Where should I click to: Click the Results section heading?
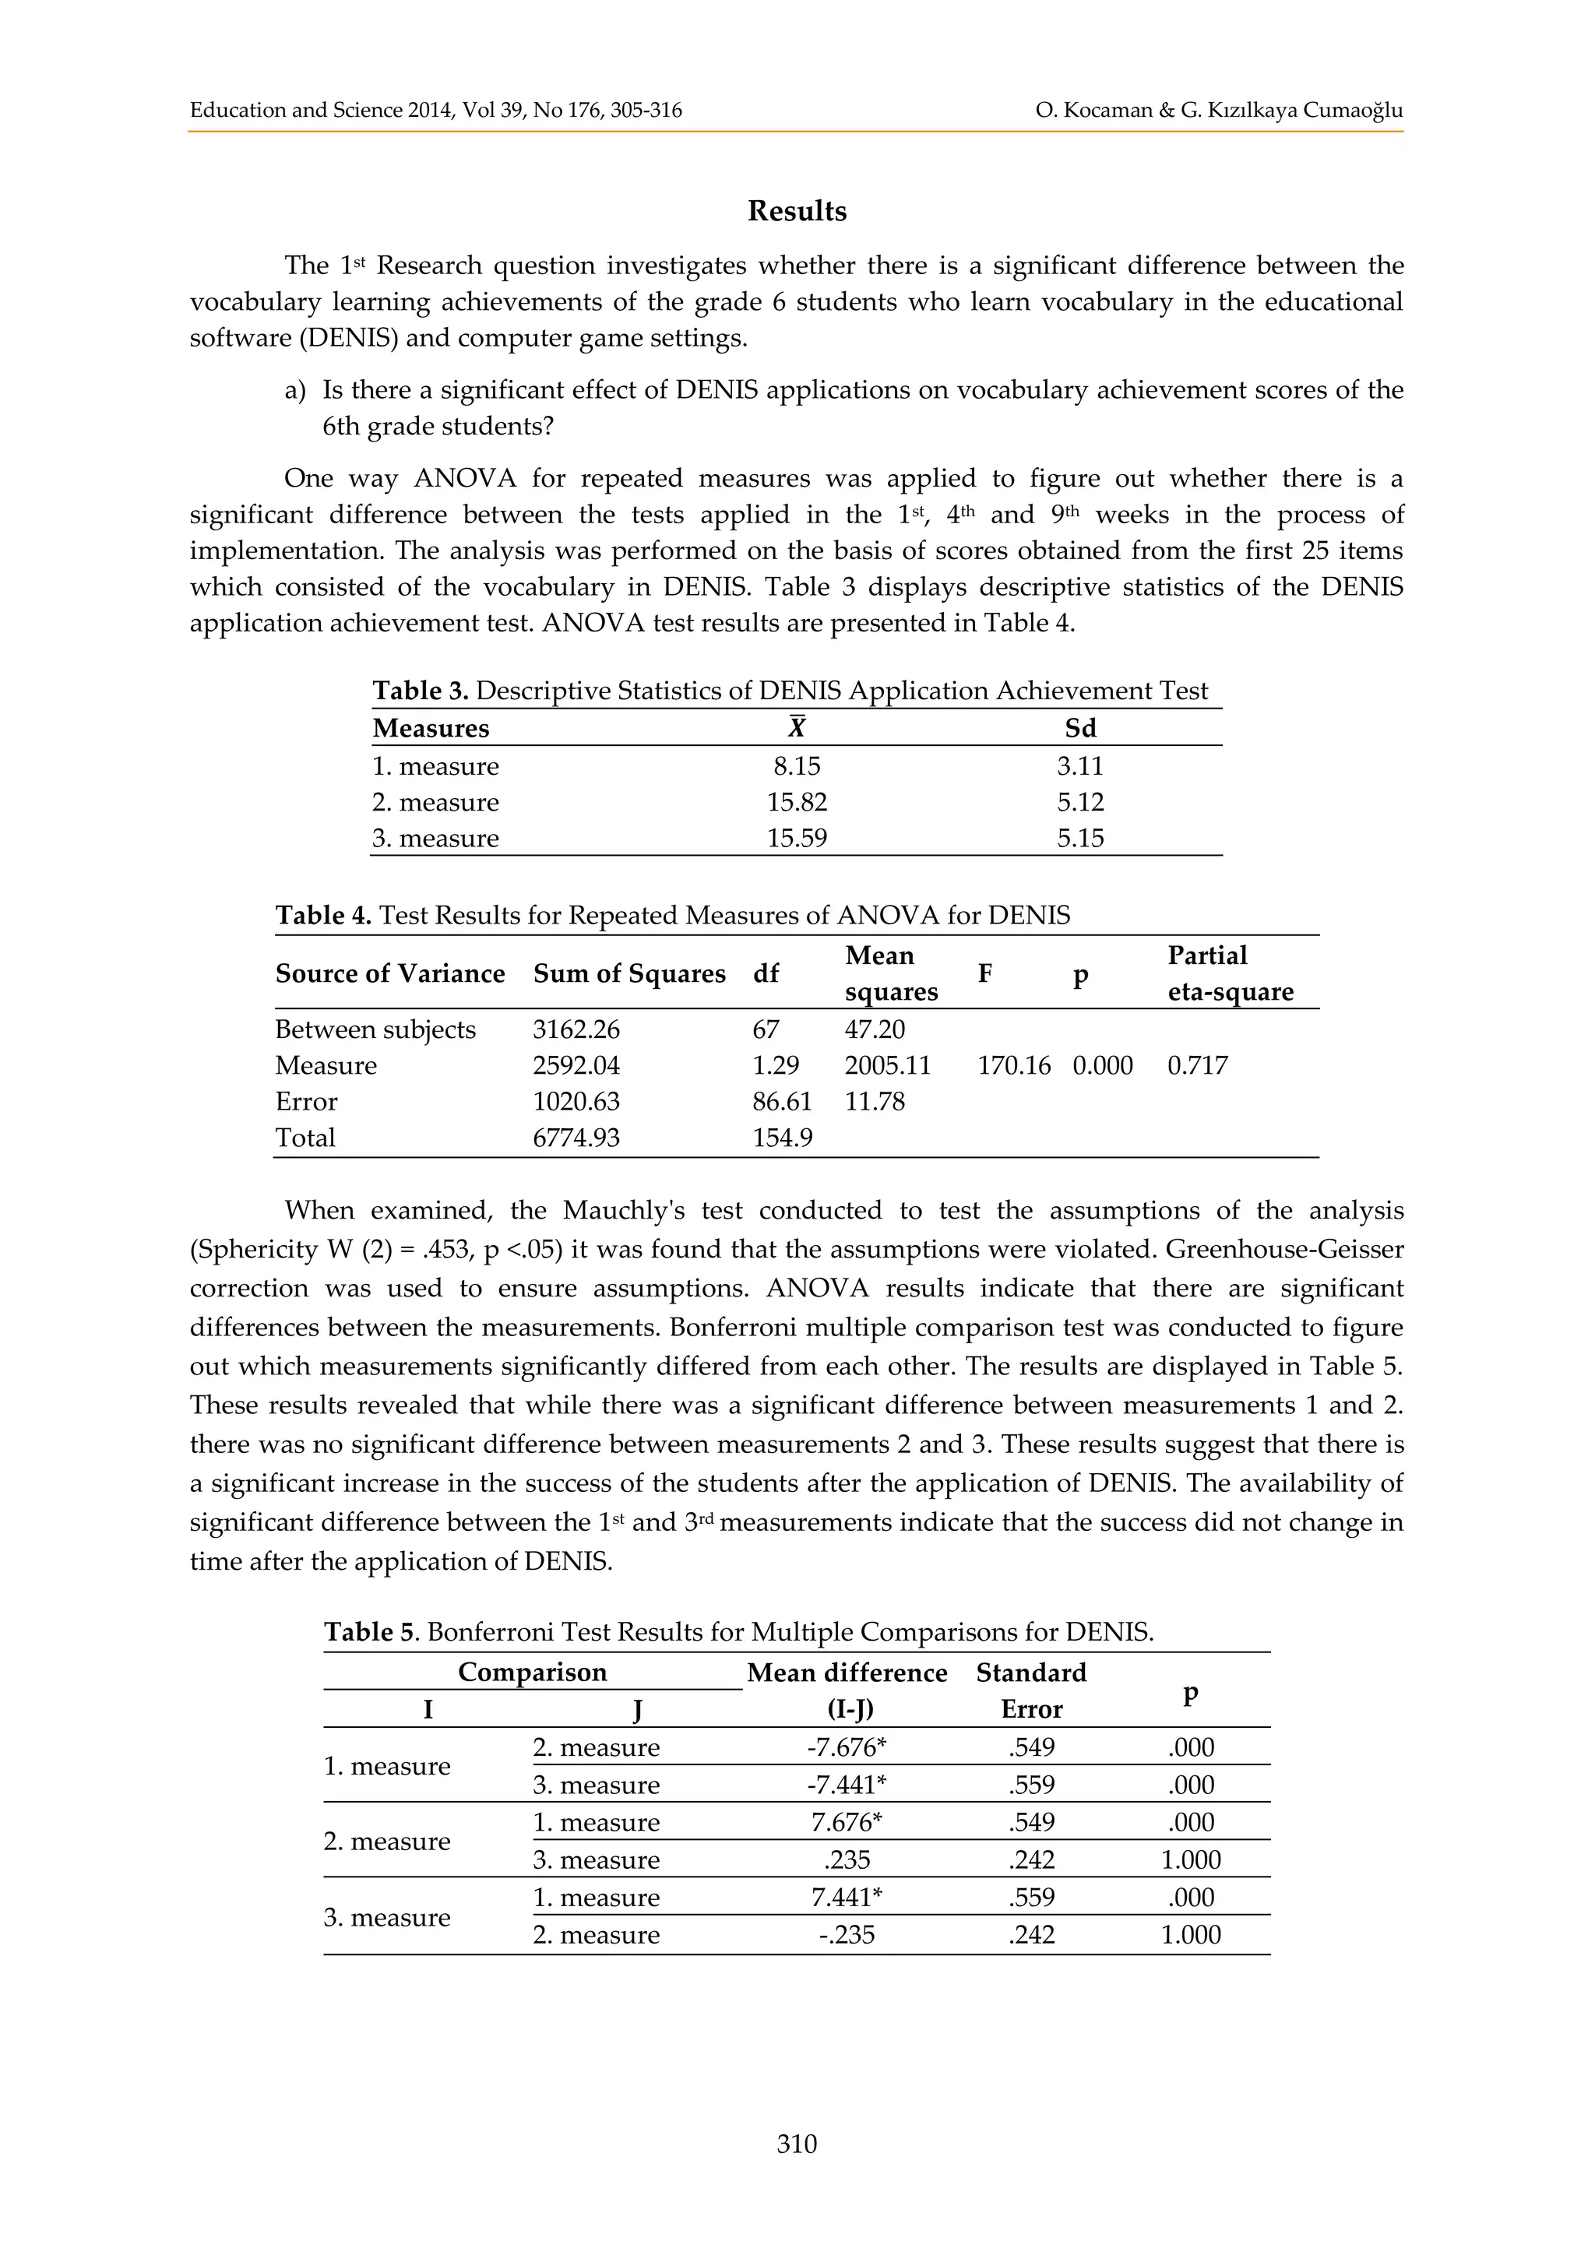click(x=797, y=211)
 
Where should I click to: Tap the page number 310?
click(x=797, y=2143)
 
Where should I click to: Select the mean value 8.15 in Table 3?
click(x=797, y=766)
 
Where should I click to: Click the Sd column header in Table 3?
click(x=1080, y=729)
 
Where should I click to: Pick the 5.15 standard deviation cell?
click(x=1080, y=839)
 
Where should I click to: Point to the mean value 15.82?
click(x=797, y=803)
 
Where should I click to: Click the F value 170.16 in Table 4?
click(x=1013, y=1066)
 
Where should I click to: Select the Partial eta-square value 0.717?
click(x=1197, y=1066)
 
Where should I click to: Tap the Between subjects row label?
click(x=375, y=1029)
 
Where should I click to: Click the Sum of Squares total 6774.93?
click(x=576, y=1138)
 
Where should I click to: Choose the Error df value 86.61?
click(x=782, y=1101)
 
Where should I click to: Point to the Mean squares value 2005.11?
click(x=888, y=1066)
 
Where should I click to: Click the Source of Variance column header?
click(x=390, y=973)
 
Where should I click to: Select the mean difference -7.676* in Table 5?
click(x=847, y=1747)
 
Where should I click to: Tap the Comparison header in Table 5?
click(x=533, y=1673)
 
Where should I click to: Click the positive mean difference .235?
click(x=847, y=1859)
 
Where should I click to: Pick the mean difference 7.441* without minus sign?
click(x=847, y=1897)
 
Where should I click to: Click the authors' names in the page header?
click(x=1218, y=110)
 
